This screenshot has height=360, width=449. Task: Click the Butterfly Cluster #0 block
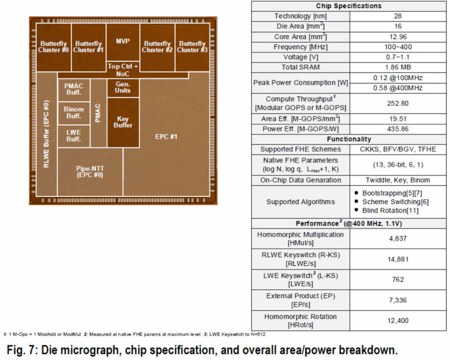54,47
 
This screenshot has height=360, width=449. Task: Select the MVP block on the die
123,42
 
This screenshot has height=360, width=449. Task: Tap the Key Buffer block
123,123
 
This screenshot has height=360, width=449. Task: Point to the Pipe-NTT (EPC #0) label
90,172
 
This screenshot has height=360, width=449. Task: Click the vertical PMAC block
98,113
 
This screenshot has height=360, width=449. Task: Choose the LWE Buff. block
74,136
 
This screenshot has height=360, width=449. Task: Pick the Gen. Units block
123,88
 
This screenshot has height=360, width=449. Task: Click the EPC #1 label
167,137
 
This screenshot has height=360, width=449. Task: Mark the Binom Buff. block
74,113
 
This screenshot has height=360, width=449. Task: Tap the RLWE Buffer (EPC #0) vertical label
46,134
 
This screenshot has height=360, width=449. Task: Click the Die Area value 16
398,26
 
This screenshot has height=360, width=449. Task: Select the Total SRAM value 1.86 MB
398,67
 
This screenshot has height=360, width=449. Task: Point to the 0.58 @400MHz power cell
398,88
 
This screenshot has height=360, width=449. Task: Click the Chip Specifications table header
349,6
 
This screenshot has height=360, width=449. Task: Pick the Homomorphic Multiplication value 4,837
398,238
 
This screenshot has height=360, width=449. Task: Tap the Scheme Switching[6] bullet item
395,202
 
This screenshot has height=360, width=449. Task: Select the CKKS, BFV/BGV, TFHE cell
398,150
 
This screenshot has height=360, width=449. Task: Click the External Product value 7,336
398,300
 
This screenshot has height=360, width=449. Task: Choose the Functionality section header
349,139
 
